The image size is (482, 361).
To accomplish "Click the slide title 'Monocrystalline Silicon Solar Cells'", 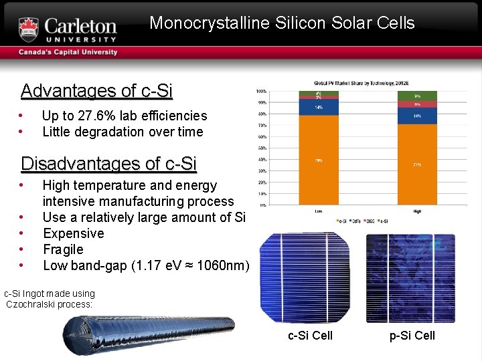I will coord(282,23).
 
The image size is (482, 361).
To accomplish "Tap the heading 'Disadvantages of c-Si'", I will coord(108,163).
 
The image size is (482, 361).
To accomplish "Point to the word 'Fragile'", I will coord(63,249).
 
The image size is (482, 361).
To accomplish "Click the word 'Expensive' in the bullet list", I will coord(73,233).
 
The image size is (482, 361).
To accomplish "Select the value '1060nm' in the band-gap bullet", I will coord(226,265).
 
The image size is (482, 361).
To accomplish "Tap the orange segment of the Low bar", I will coord(319,160).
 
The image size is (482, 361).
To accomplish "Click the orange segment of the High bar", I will coord(417,164).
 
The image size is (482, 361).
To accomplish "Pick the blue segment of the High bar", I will coord(417,116).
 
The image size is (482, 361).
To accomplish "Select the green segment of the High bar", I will coord(417,96).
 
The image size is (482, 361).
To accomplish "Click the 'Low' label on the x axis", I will coord(319,211).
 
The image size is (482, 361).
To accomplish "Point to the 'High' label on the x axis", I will coord(417,211).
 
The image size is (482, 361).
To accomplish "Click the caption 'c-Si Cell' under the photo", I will coord(310,336).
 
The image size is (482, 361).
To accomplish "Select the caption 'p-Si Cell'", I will coord(412,336).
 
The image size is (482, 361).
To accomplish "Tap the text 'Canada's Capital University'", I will coord(68,52).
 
